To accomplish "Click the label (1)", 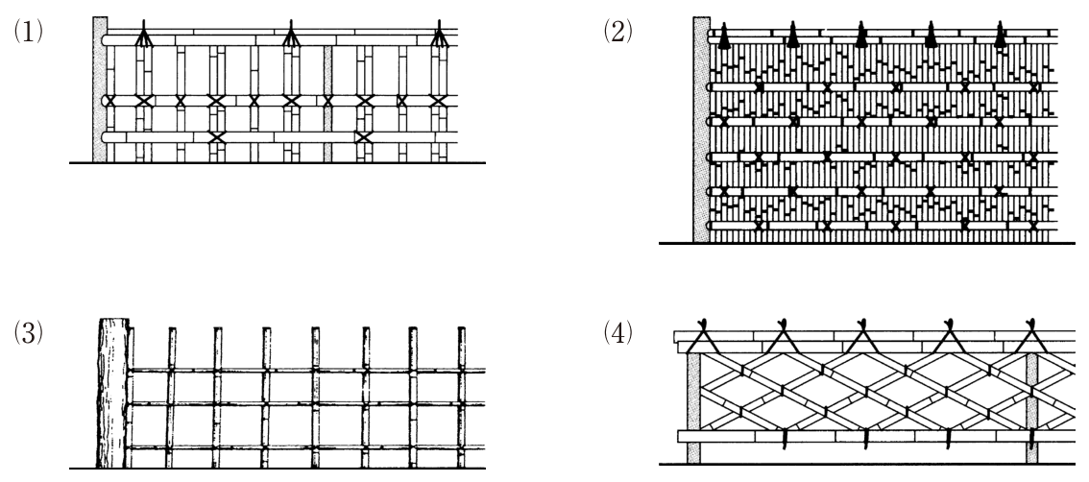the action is tap(29, 32).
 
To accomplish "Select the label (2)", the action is tap(617, 32).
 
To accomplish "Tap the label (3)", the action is tap(29, 333).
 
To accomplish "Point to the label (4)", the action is tap(617, 333).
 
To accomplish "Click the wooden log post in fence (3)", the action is tap(113, 393).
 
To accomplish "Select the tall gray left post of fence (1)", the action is tap(100, 89).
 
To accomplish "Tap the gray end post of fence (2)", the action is tap(701, 130).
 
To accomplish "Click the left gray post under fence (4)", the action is tap(693, 407).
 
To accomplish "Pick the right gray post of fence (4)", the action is tap(1031, 407).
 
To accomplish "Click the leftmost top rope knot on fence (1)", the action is tap(143, 34).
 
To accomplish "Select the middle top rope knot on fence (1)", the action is tap(291, 34).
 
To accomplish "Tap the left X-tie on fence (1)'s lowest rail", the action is tap(217, 136).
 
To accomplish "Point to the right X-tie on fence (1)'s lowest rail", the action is tap(363, 136).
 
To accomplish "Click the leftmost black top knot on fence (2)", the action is tap(724, 36).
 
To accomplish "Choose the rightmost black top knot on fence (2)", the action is tap(1000, 36).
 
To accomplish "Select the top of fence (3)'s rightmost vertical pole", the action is tap(461, 327).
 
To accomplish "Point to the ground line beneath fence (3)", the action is tap(278, 469).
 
